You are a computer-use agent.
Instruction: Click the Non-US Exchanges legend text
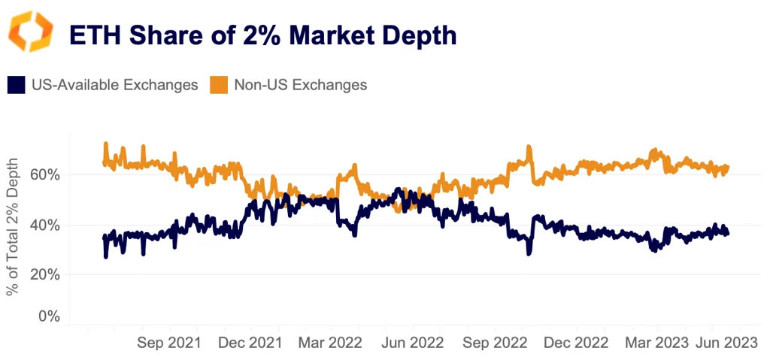coord(300,84)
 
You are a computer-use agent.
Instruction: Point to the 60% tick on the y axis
coord(44,174)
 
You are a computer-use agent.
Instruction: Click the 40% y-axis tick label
coord(44,225)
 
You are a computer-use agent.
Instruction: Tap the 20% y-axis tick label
coord(44,274)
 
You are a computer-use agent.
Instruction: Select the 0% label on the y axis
coord(49,316)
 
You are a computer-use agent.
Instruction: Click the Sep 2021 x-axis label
coord(170,343)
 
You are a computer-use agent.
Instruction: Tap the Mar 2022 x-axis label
coord(331,343)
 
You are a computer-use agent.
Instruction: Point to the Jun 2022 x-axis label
coord(414,343)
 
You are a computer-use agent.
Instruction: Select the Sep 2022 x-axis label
coord(495,343)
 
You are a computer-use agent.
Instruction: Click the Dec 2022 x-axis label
coord(576,343)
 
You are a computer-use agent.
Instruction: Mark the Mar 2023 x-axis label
coord(656,343)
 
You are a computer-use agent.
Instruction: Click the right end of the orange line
coord(728,167)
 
